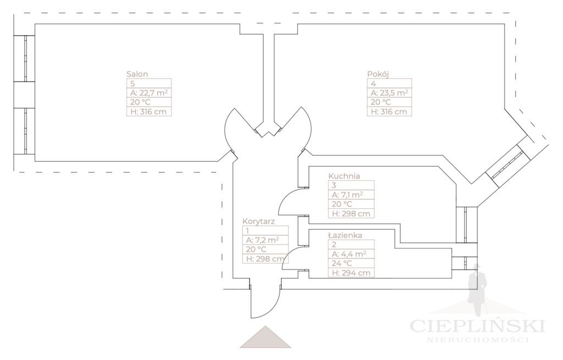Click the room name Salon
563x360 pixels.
pyautogui.click(x=137, y=74)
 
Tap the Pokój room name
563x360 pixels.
pyautogui.click(x=378, y=74)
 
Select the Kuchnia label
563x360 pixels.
pyautogui.click(x=344, y=176)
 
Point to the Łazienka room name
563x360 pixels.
pyautogui.click(x=345, y=235)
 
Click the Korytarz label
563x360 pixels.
pyautogui.click(x=258, y=221)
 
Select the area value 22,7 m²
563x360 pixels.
pyautogui.click(x=148, y=93)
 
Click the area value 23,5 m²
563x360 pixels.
pyautogui.click(x=389, y=93)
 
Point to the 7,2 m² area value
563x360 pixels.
pyautogui.click(x=263, y=240)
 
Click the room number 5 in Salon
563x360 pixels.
pyautogui.click(x=133, y=84)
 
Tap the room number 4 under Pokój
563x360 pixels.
pyautogui.click(x=373, y=84)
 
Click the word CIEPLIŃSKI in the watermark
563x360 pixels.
pyautogui.click(x=477, y=325)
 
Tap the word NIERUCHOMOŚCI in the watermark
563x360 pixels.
pyautogui.click(x=477, y=340)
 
